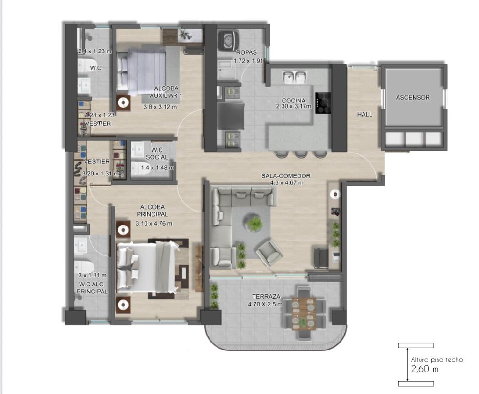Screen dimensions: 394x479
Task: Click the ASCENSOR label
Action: (413, 98)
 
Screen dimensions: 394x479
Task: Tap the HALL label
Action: (364, 114)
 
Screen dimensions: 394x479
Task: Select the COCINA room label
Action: (294, 101)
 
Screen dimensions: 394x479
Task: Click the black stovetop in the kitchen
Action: (323, 102)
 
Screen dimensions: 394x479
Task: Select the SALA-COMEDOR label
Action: (286, 176)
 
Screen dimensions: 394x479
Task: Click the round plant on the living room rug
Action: (254, 224)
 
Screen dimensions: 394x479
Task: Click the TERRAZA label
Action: (266, 297)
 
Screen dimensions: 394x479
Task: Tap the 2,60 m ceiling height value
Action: (425, 369)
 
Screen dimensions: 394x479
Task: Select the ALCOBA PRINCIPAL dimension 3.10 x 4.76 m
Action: (154, 224)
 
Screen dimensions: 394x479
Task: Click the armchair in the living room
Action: (269, 253)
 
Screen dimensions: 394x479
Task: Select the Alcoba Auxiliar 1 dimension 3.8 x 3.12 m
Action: (160, 107)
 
